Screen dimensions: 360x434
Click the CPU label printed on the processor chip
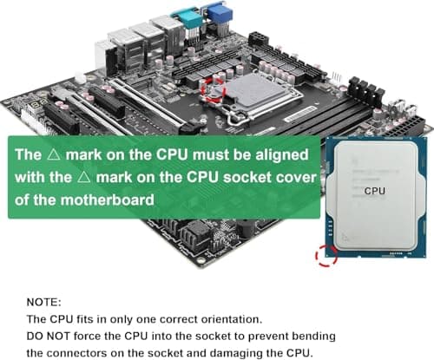coord(374,191)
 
